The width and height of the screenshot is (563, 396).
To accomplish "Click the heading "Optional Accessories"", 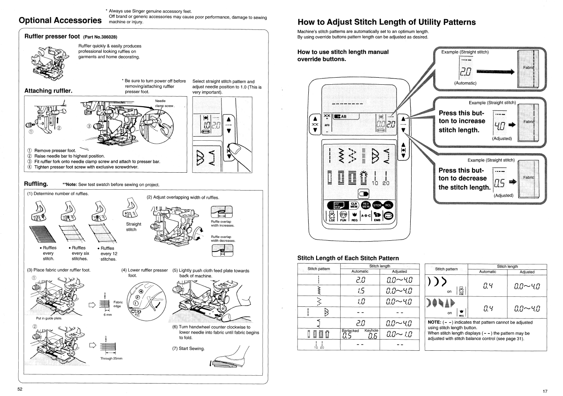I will click(60, 20).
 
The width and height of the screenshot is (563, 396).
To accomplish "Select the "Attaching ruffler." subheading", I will click(48, 90).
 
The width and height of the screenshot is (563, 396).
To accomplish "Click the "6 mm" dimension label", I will click(107, 315).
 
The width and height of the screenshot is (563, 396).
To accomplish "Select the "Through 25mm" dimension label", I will click(111, 358).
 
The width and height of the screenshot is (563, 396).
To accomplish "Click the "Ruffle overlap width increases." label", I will click(222, 224).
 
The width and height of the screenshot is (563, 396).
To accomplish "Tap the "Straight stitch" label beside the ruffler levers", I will click(134, 227).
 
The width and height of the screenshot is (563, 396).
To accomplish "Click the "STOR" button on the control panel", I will click(377, 205).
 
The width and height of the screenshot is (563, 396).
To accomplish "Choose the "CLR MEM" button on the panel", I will click(354, 205).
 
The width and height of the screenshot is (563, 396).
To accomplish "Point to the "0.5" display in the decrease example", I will click(499, 182).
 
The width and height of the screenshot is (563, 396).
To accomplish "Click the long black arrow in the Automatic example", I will click(495, 72).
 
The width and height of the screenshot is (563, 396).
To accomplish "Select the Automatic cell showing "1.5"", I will click(360, 291).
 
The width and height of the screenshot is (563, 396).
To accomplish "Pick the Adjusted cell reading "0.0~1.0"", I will click(399, 334).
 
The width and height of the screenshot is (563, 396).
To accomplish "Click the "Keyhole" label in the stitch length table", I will click(371, 330).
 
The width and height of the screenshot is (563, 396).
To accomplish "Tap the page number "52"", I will click(20, 389).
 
